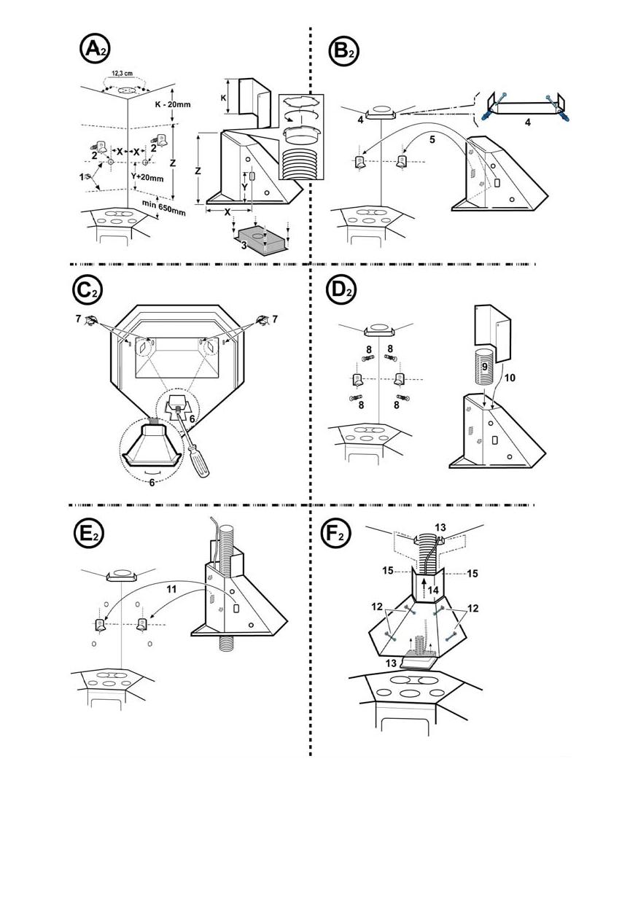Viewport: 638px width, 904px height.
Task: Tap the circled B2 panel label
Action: click(341, 50)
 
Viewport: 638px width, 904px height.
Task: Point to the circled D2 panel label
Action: click(340, 289)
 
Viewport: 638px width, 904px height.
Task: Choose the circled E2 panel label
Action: click(88, 534)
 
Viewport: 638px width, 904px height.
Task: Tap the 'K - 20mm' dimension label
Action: click(174, 104)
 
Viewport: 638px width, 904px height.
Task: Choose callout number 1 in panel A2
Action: click(82, 176)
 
